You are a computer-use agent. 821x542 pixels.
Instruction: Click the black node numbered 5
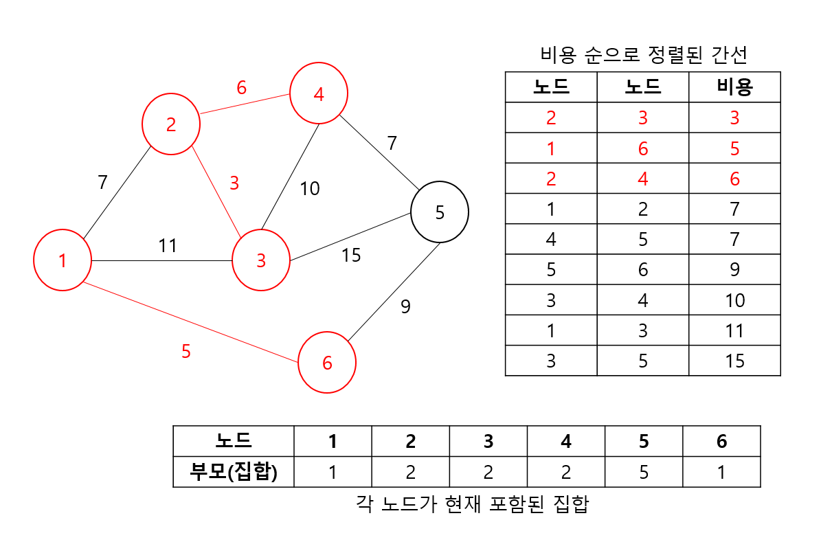coord(440,212)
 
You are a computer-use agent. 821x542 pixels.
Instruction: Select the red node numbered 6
coord(327,363)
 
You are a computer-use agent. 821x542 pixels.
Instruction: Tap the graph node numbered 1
coord(63,260)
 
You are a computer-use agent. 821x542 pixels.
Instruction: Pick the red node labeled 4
coord(319,94)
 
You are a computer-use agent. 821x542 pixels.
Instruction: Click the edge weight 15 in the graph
coord(351,256)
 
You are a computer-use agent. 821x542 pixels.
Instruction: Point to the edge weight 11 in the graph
coord(168,245)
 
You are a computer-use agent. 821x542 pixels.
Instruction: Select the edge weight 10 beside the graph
coord(310,188)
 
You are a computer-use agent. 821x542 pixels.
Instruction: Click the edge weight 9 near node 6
coord(405,306)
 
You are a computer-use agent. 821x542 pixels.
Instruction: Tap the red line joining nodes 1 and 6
coord(190,321)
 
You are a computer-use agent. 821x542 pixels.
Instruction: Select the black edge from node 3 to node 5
coord(350,237)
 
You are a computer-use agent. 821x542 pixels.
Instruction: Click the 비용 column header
coord(734,87)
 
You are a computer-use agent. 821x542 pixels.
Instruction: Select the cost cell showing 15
coord(734,361)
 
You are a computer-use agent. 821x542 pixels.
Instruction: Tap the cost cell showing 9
coord(734,270)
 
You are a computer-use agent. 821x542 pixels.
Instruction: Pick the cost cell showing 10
coord(734,300)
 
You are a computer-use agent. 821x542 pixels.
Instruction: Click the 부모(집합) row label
coord(233,472)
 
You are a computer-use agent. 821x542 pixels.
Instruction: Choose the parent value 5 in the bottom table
coord(644,472)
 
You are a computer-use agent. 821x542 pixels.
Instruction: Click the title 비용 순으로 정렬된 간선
coord(643,54)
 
